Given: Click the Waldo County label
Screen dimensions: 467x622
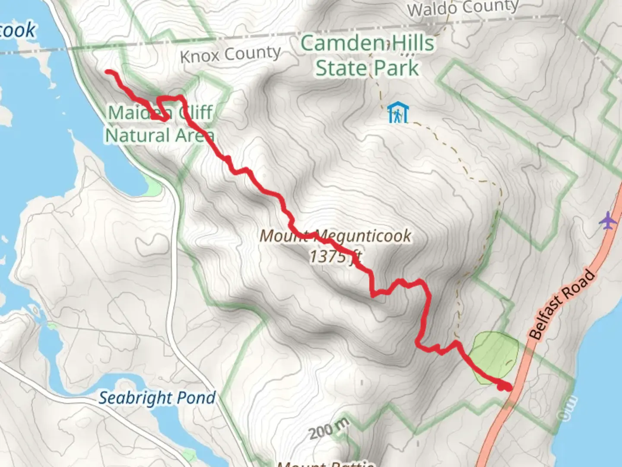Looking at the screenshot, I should click(463, 8).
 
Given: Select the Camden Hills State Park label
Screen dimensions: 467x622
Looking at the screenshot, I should click(367, 56).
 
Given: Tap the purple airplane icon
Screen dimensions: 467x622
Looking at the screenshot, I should click(608, 221).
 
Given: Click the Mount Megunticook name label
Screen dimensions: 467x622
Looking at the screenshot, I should click(335, 236).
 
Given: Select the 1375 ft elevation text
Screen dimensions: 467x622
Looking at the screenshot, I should click(335, 256).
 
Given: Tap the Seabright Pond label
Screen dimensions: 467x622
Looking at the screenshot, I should click(157, 398).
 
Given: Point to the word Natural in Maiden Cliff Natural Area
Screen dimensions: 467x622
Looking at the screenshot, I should click(137, 136).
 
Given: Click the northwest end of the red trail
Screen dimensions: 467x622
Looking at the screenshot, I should click(108, 72).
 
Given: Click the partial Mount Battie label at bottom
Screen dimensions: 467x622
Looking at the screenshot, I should click(325, 464).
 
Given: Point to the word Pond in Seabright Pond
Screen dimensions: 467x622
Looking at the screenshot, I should click(197, 398).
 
